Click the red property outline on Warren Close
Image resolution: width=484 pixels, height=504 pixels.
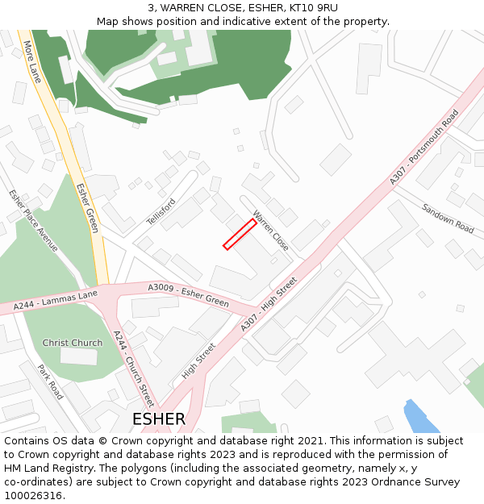[240, 234]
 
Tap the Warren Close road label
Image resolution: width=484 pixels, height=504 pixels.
[270, 231]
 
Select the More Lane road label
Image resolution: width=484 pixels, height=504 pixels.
[33, 62]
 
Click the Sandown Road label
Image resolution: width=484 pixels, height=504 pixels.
[448, 218]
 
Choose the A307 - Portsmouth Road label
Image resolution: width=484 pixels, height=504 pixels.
[424, 146]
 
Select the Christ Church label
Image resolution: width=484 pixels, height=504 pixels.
[73, 343]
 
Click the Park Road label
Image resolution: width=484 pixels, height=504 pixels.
[51, 381]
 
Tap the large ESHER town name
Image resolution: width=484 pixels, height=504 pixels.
[159, 419]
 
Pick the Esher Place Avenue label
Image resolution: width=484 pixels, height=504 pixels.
[34, 220]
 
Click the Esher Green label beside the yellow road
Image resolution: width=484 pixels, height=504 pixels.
[87, 208]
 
